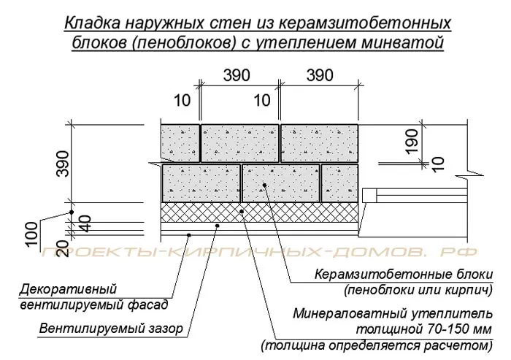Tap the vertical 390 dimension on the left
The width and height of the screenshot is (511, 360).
tap(63, 164)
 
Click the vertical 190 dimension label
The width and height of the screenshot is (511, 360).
tap(412, 141)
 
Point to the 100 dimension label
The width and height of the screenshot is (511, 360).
tap(31, 234)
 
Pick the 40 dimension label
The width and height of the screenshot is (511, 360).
tap(85, 223)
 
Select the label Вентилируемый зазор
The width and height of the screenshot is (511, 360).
tap(111, 328)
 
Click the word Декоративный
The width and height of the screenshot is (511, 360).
tap(68, 289)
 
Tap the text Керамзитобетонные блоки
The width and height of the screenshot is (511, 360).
tap(404, 275)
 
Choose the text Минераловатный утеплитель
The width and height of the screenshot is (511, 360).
tap(393, 314)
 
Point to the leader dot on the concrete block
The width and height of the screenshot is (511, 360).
tap(264, 185)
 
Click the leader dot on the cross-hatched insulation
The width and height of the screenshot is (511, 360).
tap(242, 211)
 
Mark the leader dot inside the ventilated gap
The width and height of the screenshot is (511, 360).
tap(218, 226)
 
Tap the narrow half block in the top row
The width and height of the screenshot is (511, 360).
tap(180, 143)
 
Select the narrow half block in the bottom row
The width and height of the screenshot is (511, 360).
tap(340, 183)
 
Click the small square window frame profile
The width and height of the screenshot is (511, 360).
tap(369, 195)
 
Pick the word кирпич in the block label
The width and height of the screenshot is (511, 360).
tap(469, 290)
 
